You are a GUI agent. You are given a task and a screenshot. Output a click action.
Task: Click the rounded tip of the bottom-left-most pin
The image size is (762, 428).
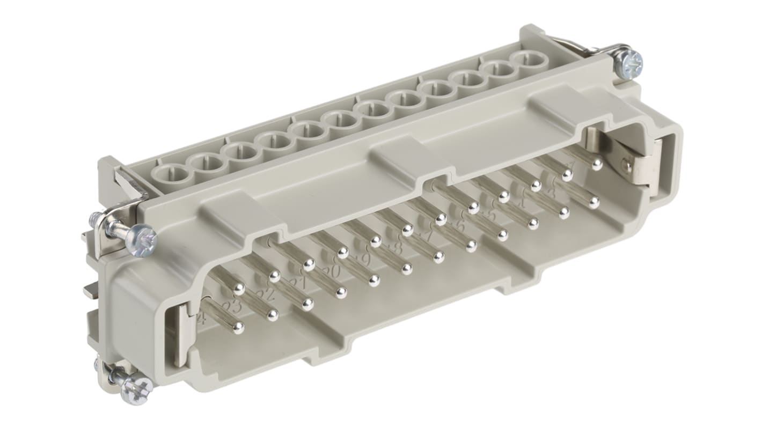[238, 328]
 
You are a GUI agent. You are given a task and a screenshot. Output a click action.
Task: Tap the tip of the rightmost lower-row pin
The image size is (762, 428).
[594, 203]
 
